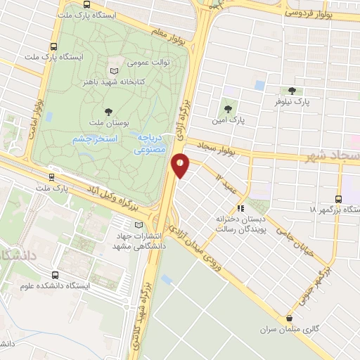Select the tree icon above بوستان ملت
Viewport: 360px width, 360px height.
(108, 110)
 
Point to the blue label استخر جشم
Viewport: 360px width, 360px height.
(95, 139)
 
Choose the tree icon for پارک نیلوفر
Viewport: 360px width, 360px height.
(291, 91)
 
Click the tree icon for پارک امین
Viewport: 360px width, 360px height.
(227, 108)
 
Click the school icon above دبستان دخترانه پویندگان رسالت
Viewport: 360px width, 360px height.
(240, 208)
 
